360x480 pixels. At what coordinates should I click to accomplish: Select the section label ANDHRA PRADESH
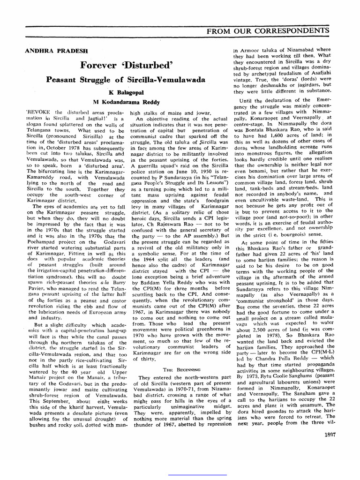pyautogui.click(x=52, y=50)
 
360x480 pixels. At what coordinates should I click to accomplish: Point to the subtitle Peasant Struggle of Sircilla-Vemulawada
pyautogui.click(x=126, y=79)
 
